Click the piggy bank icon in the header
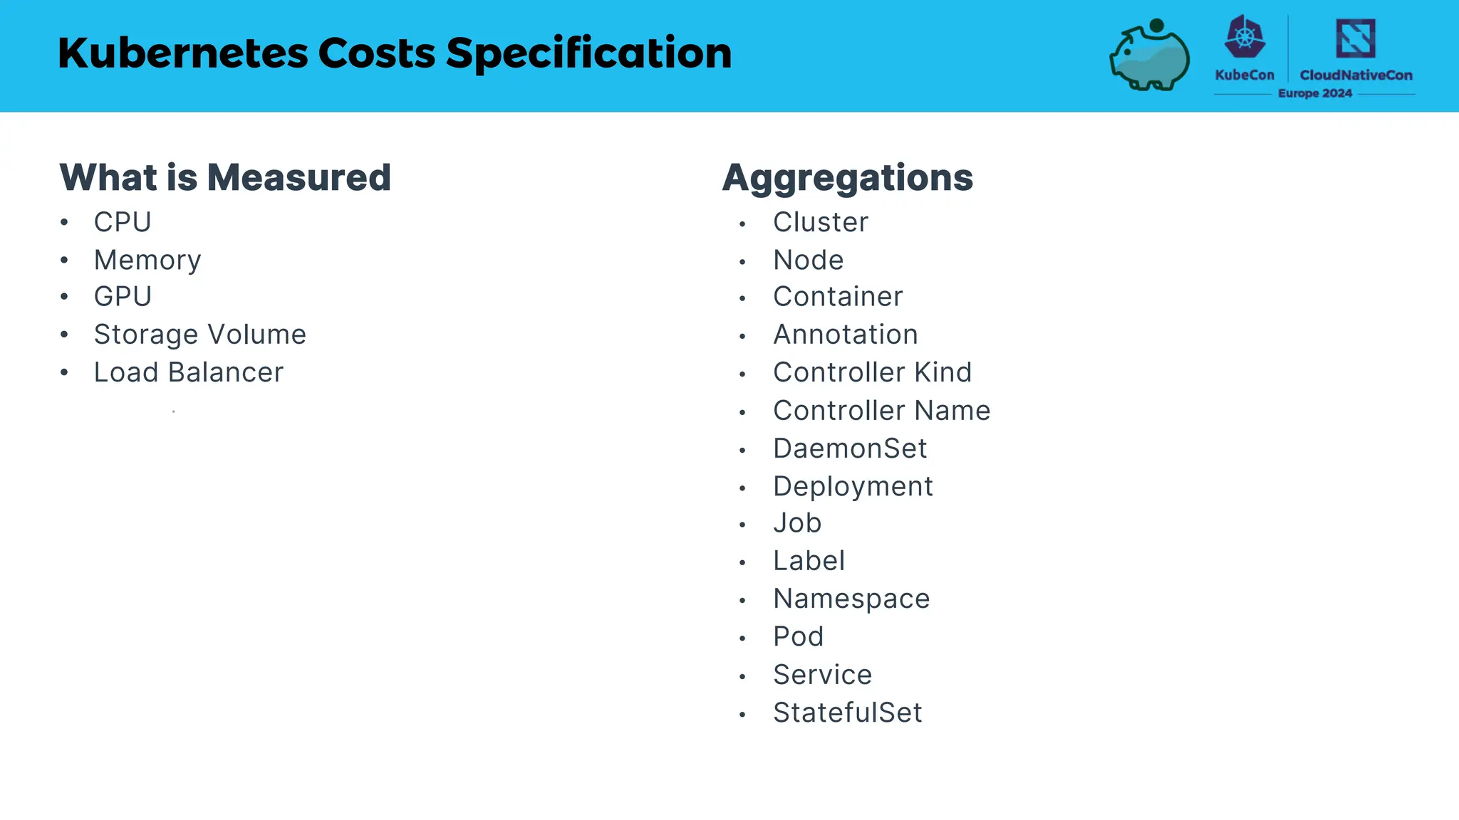[1149, 56]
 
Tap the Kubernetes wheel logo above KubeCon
[1245, 37]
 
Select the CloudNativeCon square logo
[1355, 38]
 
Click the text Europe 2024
[1314, 93]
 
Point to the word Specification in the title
[589, 53]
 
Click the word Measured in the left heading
[299, 177]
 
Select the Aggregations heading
[847, 178]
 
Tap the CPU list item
[123, 223]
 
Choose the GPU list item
[123, 297]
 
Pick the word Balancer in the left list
[226, 372]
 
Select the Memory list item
[147, 261]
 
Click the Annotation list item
[846, 335]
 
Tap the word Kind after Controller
[943, 372]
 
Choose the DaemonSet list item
[850, 448]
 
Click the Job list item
[797, 523]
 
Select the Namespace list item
[851, 599]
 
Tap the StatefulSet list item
[848, 713]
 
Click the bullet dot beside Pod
[742, 638]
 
